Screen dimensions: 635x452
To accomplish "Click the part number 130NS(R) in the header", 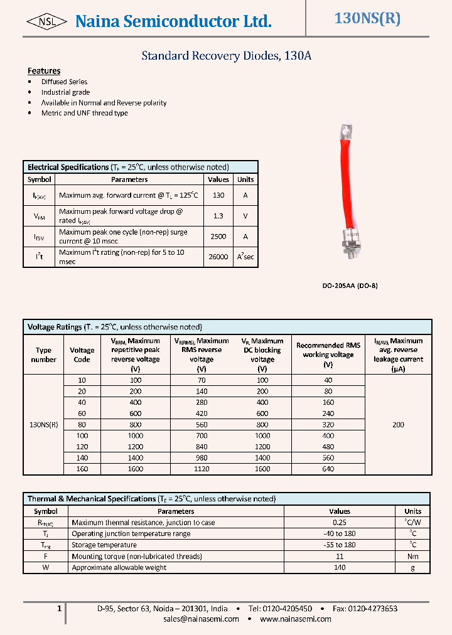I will (367, 19).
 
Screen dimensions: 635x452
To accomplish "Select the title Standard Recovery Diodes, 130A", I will (226, 56).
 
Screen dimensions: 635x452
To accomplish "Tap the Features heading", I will (44, 71).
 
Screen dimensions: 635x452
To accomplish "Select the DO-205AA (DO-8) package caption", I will (350, 285).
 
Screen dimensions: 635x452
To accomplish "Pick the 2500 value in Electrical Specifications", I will (218, 237).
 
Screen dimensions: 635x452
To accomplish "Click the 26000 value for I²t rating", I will (218, 257).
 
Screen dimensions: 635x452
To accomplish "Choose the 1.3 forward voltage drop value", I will (218, 216).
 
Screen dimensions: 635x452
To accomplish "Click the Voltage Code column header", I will (82, 355).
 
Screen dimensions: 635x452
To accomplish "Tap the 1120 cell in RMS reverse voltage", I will (201, 469).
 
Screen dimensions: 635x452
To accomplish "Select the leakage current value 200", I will (398, 425).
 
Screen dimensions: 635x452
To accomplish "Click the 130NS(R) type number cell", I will (44, 425).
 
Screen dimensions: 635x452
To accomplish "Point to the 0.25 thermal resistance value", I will (340, 523).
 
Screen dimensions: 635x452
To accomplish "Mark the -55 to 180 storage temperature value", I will (340, 545).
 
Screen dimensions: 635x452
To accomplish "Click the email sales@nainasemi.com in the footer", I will (201, 619).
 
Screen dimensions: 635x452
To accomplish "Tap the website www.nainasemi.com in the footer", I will (295, 619).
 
